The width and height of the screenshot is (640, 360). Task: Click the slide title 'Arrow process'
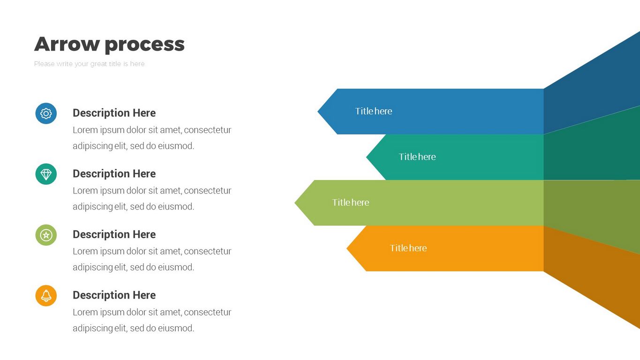point(109,44)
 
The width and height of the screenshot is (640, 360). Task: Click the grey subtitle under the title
point(89,64)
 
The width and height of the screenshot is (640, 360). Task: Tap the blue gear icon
point(46,113)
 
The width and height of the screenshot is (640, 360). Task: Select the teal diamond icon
point(46,174)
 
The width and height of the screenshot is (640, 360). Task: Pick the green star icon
point(46,235)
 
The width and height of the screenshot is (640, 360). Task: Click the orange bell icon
point(46,296)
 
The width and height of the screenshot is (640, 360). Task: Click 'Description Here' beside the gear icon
point(114,113)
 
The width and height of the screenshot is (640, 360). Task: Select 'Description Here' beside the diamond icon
point(114,173)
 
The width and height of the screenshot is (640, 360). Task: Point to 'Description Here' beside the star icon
point(114,234)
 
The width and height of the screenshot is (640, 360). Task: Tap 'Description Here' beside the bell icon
point(114,295)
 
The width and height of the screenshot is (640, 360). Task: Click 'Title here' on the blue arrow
point(373,111)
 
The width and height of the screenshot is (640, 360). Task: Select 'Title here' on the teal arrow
point(417,157)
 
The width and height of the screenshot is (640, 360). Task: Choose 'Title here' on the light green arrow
point(350,202)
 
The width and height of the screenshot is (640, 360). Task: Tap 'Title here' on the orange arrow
point(408,248)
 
